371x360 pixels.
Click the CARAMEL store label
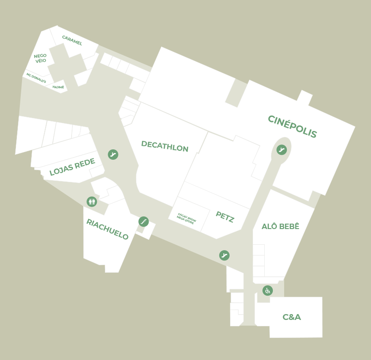72,40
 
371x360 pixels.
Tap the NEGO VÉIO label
40,58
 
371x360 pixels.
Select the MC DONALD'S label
36,78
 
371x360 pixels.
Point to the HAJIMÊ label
58,87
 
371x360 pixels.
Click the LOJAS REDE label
72,167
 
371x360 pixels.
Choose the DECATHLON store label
165,146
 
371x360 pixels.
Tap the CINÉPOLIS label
292,126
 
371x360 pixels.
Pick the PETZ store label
225,217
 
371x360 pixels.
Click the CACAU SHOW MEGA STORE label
186,218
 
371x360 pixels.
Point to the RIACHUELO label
107,229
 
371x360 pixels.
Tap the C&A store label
292,317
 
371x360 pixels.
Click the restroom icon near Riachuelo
92,202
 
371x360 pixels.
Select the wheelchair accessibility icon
267,291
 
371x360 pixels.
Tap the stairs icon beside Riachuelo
144,221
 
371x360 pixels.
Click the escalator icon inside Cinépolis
282,149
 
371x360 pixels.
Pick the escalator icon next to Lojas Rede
113,155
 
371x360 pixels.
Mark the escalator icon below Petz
224,256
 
